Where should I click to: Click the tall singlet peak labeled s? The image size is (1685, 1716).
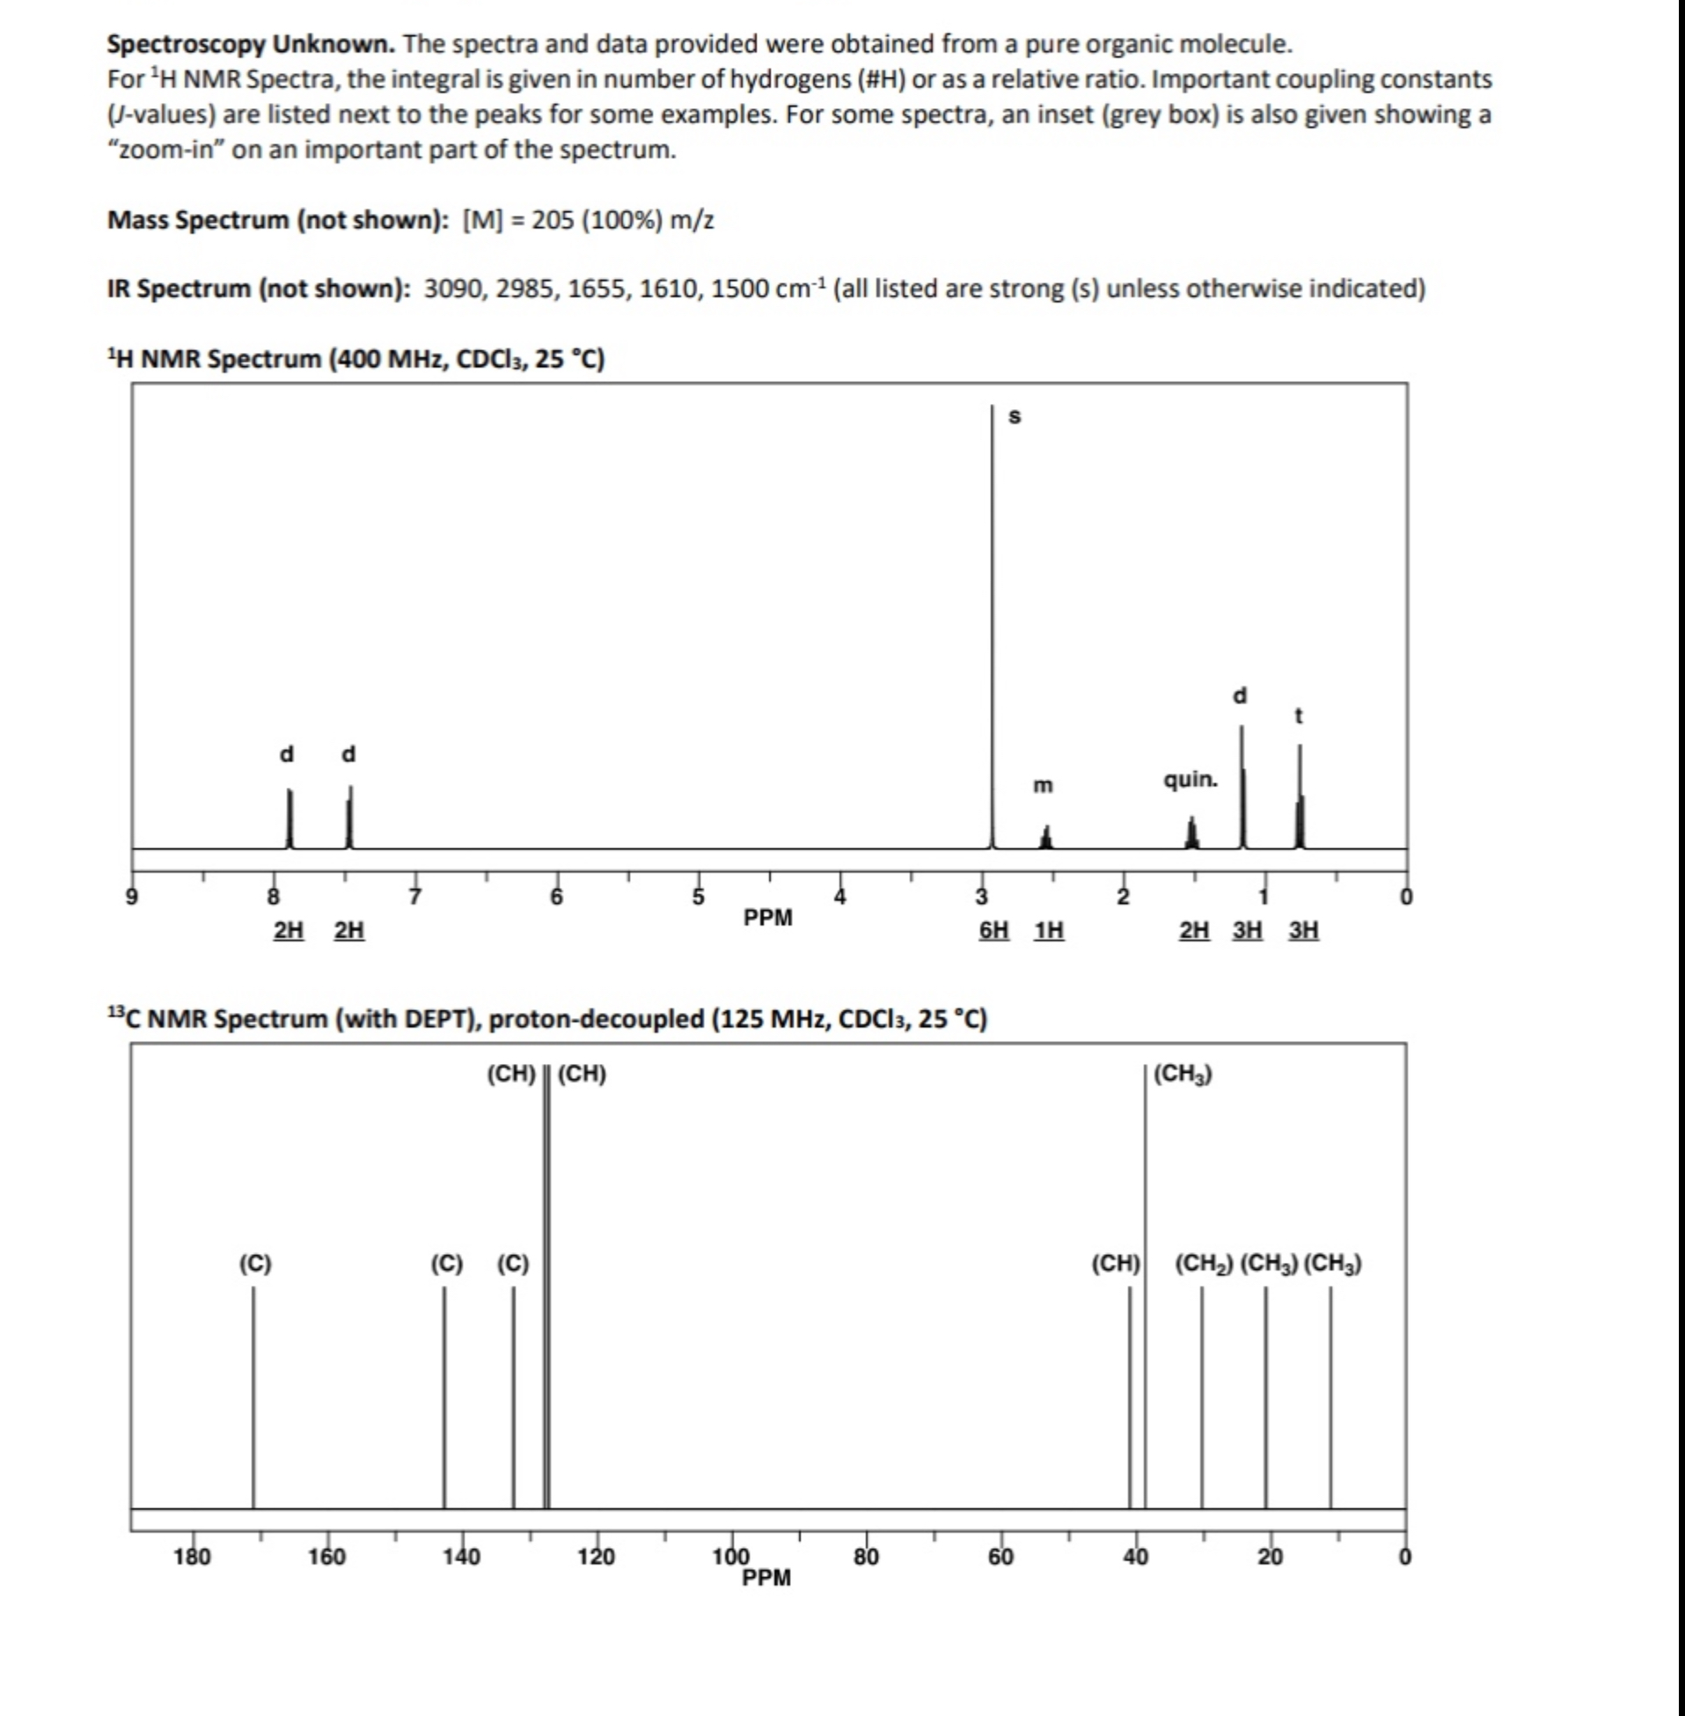coord(992,620)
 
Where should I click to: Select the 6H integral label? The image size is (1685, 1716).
coord(993,930)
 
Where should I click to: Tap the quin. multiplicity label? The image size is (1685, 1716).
coord(1190,780)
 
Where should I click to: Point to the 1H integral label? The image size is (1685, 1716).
coord(1049,930)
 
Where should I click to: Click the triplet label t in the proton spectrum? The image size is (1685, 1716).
coord(1298,716)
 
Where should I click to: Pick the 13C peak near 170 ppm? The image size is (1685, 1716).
coord(253,1398)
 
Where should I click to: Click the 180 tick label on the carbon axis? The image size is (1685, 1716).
coord(192,1557)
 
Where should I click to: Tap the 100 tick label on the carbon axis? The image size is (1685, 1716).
coord(731,1557)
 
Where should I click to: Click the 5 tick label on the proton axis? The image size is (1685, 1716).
coord(699,897)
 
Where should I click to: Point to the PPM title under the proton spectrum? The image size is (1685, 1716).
coord(767,918)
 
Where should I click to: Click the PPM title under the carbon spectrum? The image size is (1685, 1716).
coord(766,1578)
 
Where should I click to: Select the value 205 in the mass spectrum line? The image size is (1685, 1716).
coord(553,219)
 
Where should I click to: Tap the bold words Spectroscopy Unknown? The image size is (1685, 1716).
coord(252,43)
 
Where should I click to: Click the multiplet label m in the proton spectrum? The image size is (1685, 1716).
coord(1044,785)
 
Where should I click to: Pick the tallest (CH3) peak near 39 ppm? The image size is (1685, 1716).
coord(1145,1283)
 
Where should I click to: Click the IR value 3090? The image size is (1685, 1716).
coord(451,289)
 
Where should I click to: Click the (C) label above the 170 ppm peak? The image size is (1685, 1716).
coord(255,1264)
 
